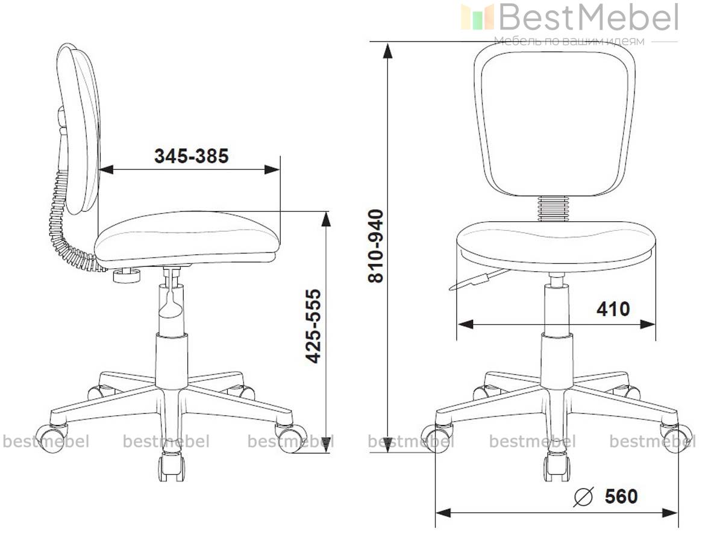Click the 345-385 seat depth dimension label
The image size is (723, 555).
click(x=192, y=155)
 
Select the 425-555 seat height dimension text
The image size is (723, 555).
click(x=313, y=326)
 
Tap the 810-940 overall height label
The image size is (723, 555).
click(x=376, y=246)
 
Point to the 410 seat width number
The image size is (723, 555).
click(x=613, y=309)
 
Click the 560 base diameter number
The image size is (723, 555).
click(x=621, y=496)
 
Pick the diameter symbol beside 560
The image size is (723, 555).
click(x=584, y=497)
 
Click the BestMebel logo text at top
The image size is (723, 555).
click(x=589, y=17)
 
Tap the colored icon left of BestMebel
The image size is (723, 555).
click(x=477, y=17)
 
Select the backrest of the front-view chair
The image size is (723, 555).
click(x=554, y=120)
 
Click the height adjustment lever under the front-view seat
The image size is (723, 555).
click(x=479, y=280)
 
